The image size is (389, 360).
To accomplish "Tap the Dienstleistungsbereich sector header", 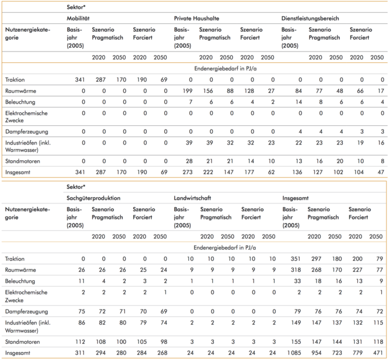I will [x=310, y=19].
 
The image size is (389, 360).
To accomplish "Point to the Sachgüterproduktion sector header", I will [x=94, y=197].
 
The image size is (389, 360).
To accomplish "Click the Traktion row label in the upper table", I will [x=14, y=79].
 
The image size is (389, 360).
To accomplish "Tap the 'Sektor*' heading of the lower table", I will [x=76, y=187].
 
